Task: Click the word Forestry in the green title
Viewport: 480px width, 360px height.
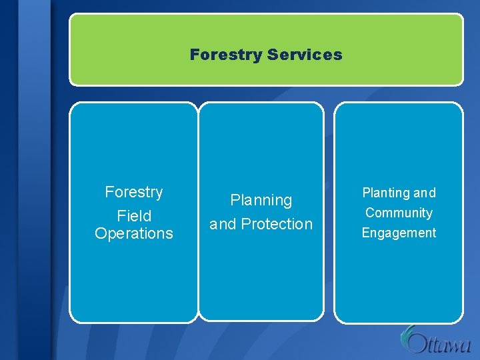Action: coord(225,55)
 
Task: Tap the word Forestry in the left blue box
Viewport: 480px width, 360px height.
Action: coord(133,192)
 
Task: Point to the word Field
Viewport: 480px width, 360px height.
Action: coord(133,216)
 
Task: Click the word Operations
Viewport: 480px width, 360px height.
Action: coord(133,233)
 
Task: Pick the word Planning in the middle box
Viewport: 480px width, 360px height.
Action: coord(261,200)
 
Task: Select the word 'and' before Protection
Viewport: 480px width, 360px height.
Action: coord(223,224)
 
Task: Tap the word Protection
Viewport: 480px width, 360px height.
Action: coord(276,224)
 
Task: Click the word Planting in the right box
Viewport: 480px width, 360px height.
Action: coord(385,193)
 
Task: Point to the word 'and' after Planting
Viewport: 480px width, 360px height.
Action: coord(424,193)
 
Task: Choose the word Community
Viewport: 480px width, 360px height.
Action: coord(399,213)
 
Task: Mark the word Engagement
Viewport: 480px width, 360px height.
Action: coord(399,233)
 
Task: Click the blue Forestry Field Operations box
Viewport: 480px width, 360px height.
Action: coord(133,280)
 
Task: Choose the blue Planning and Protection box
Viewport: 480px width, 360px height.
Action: coord(261,280)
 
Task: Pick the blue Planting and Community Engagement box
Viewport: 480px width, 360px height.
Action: coord(398,280)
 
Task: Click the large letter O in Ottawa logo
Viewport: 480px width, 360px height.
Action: coord(417,344)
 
